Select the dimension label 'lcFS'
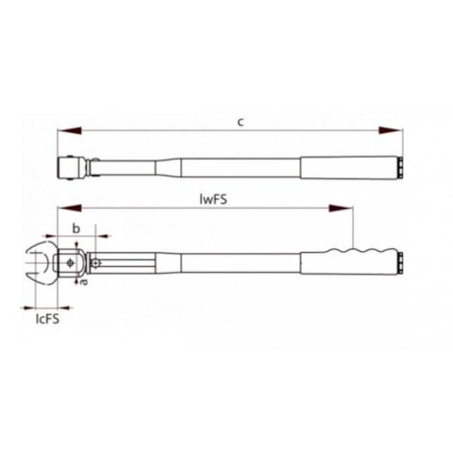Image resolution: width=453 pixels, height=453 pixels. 44,317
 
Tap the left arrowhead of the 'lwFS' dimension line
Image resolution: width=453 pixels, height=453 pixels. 65,208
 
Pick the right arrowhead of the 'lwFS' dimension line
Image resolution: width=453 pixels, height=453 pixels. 344,208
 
